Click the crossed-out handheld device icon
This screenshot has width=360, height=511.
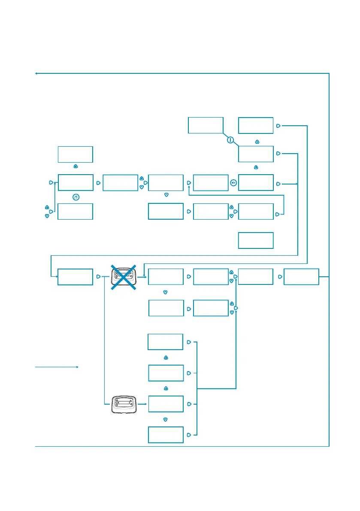pos(124,277)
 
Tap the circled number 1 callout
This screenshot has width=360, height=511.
pos(230,140)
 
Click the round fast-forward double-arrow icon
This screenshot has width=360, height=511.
pos(233,183)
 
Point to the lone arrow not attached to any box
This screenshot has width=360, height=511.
pos(57,367)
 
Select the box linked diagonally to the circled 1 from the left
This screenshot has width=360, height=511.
pos(206,125)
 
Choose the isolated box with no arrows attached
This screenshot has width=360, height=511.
pos(256,240)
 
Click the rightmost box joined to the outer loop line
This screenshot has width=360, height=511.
pos(302,277)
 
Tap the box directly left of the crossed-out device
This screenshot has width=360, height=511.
pos(76,277)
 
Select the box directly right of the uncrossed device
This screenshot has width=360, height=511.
pos(166,404)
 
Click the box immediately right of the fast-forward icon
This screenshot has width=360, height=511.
pos(256,182)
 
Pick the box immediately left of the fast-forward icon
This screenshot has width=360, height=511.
pos(211,182)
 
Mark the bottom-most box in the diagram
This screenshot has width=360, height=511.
pos(166,435)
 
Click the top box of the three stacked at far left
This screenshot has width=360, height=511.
pos(76,154)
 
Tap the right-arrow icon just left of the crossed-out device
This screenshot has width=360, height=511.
pos(98,277)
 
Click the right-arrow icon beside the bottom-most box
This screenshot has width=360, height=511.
pos(189,435)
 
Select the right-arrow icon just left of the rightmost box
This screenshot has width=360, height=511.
pos(280,277)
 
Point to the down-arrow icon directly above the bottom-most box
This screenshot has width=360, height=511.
pos(166,419)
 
